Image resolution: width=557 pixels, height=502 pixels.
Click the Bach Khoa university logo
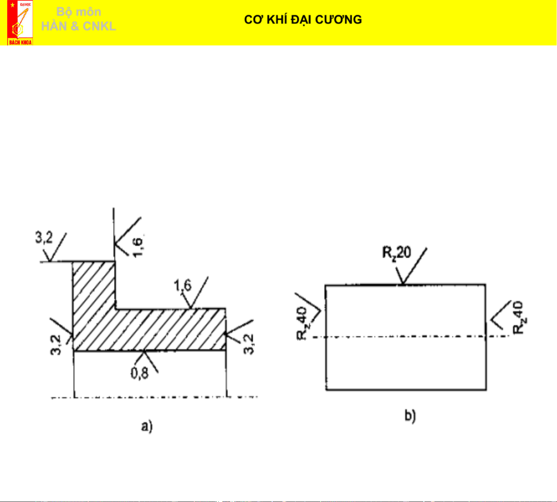coord(20,23)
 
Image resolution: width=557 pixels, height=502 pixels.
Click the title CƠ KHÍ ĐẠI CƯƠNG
coord(303,20)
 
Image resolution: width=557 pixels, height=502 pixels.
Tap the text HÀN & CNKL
coord(78,26)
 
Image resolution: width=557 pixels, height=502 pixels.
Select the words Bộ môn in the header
coord(79,12)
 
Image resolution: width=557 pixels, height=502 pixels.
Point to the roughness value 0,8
coord(140,373)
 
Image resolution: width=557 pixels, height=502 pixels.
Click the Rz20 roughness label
coord(396,253)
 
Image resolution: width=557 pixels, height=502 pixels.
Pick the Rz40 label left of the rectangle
coord(302,324)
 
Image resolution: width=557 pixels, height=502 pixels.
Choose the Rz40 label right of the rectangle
coord(519,318)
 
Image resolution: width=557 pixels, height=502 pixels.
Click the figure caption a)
coord(147,426)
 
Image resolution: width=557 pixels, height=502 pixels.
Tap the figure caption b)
coord(410,416)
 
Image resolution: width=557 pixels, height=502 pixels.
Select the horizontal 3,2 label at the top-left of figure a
coord(44,238)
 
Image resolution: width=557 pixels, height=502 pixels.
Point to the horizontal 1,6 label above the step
coord(183,285)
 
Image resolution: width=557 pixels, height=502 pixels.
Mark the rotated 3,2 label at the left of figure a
coord(55,345)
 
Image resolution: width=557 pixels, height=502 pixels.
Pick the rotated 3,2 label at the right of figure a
coord(249,344)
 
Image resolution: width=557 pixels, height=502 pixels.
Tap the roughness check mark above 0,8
coord(146,358)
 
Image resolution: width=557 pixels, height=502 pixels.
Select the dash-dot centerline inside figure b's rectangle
coord(405,336)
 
